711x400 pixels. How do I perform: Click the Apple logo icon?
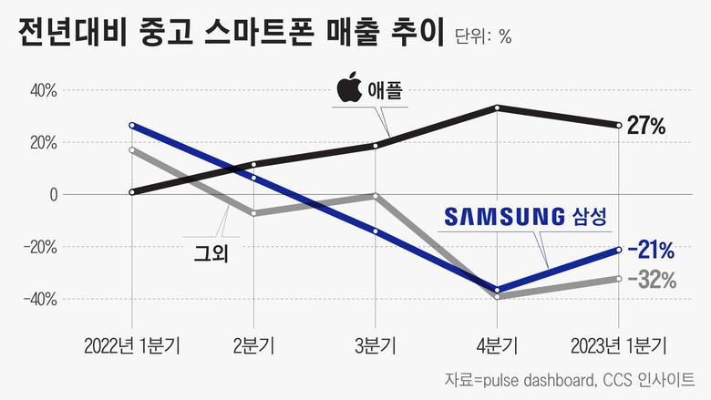point(349,90)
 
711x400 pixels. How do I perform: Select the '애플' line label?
point(385,91)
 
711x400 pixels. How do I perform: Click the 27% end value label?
point(648,126)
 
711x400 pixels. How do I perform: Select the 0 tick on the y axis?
point(53,195)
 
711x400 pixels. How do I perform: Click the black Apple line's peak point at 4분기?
point(498,108)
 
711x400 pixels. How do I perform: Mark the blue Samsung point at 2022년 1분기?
point(133,125)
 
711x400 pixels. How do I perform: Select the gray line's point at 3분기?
point(376,195)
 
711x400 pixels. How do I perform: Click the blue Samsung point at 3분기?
point(376,231)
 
